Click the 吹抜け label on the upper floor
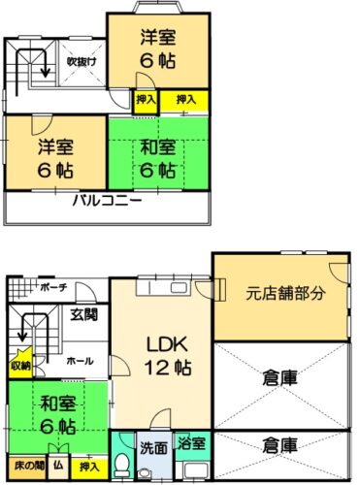click(82, 61)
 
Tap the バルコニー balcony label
click(107, 201)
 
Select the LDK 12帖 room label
click(168, 356)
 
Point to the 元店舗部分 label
click(285, 294)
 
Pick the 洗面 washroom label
click(153, 449)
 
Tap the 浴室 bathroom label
click(191, 442)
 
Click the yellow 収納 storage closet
click(20, 363)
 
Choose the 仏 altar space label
click(58, 466)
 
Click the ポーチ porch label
click(53, 287)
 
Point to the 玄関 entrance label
click(84, 314)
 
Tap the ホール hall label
click(80, 361)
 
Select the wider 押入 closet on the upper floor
click(184, 101)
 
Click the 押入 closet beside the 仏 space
click(89, 468)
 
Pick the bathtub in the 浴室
click(196, 470)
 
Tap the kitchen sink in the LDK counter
click(179, 288)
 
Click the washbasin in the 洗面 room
click(143, 473)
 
